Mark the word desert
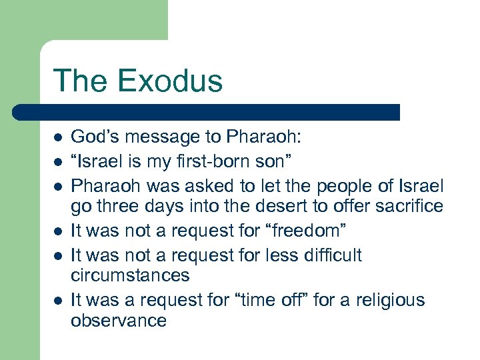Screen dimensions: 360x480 (270, 206)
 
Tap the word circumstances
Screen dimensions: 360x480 (130, 275)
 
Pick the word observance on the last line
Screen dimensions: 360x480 (118, 321)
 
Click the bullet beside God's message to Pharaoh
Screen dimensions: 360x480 (58, 138)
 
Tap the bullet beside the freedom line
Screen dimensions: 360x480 (58, 231)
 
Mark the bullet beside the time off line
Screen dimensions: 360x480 (58, 301)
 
